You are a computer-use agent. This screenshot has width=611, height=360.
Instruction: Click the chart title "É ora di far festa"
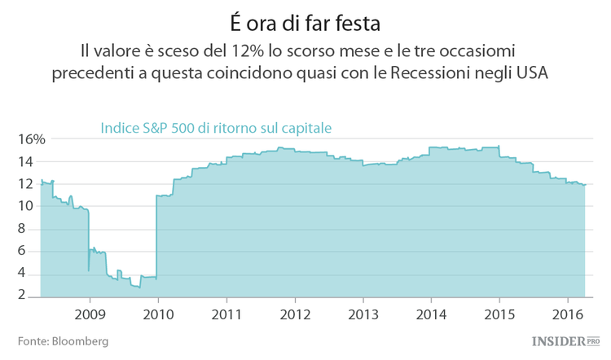pyautogui.click(x=305, y=17)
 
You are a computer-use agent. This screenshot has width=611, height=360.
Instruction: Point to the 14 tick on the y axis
pyautogui.click(x=25, y=161)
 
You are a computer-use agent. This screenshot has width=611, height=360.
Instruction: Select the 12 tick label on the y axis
pyautogui.click(x=25, y=184)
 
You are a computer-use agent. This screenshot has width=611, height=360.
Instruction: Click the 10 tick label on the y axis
pyautogui.click(x=25, y=207)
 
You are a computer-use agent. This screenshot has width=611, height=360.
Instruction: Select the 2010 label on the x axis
pyautogui.click(x=157, y=314)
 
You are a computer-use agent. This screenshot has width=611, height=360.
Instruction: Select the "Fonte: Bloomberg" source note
pyautogui.click(x=63, y=340)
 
